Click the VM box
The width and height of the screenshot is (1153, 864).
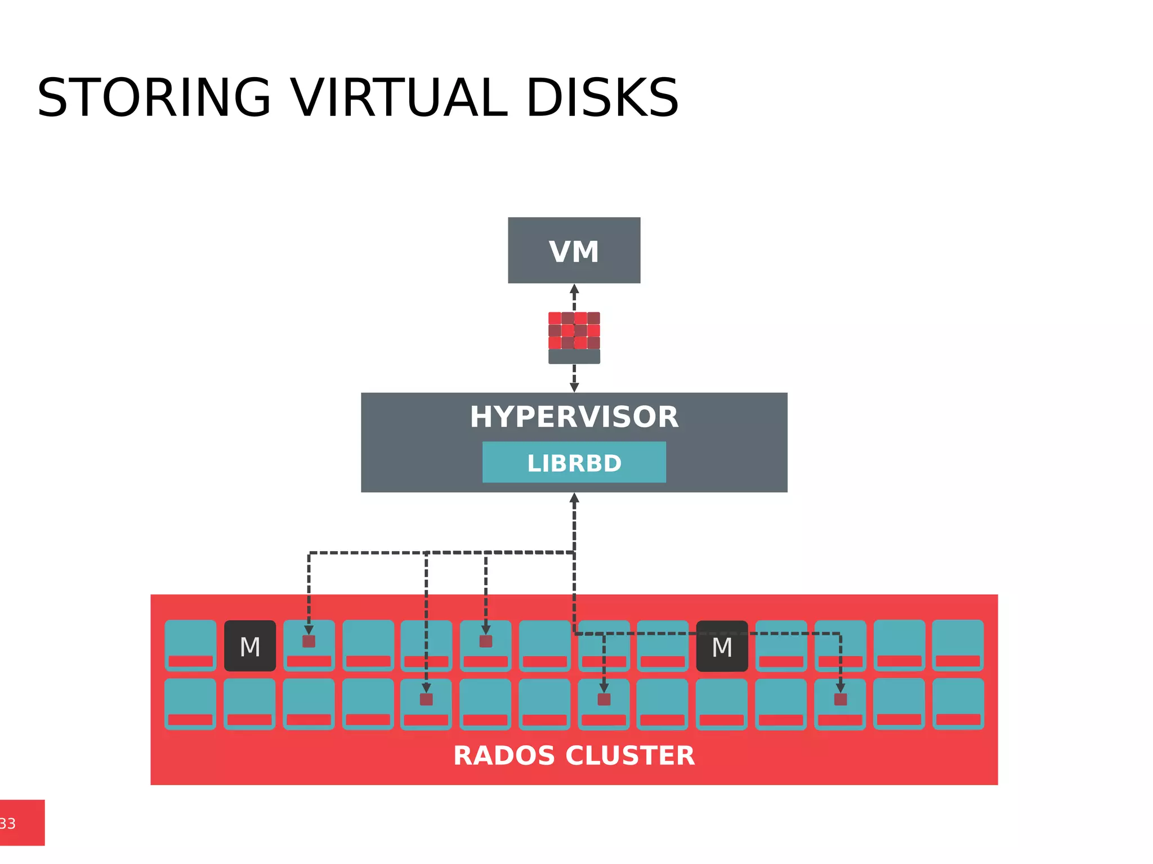(x=574, y=250)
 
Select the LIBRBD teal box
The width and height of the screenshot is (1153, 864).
(x=574, y=463)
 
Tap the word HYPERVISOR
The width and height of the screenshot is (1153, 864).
(x=574, y=417)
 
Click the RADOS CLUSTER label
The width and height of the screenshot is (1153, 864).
(x=574, y=755)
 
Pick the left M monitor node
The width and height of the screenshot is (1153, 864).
(x=250, y=646)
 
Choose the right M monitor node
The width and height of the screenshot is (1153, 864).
(x=722, y=646)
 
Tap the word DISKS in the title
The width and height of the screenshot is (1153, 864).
(x=602, y=98)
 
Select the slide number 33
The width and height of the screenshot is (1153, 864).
(x=8, y=823)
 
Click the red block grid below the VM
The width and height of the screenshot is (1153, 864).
(x=574, y=332)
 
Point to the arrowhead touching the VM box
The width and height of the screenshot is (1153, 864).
(x=574, y=289)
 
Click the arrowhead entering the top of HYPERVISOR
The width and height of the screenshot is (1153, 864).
(x=574, y=387)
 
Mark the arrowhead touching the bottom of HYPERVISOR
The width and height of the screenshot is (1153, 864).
(x=574, y=498)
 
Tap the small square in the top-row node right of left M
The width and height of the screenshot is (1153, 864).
(x=309, y=641)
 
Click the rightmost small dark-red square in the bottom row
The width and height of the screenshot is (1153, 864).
(x=840, y=699)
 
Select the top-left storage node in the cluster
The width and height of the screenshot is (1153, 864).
(x=190, y=645)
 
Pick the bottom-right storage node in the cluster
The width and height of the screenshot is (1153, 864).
(x=958, y=704)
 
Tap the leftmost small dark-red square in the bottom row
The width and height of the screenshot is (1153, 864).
(x=426, y=699)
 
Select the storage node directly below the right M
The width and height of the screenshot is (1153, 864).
(x=722, y=704)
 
